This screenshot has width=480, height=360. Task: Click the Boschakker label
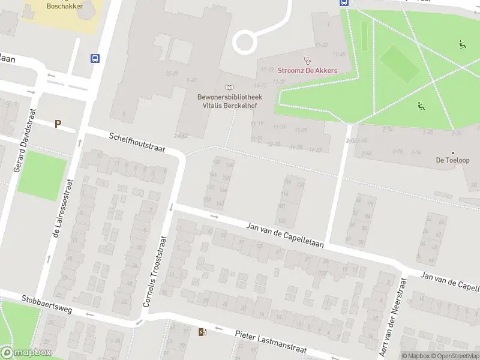(x=65, y=6)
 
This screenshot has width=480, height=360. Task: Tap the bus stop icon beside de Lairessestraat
(x=95, y=58)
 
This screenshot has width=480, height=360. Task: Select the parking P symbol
(x=58, y=124)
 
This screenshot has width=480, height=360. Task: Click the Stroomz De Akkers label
(x=307, y=70)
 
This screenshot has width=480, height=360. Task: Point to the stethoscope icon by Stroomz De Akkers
(x=308, y=60)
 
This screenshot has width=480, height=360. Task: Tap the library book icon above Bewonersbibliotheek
(x=229, y=88)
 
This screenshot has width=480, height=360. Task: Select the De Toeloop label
(x=452, y=161)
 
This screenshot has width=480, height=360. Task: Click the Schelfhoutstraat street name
(x=136, y=142)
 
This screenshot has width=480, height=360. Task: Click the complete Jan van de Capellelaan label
(x=285, y=235)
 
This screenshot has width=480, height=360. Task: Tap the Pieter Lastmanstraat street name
(x=271, y=342)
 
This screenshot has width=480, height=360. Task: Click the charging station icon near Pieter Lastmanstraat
(x=202, y=332)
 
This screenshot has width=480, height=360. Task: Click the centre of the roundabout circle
(x=245, y=42)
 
